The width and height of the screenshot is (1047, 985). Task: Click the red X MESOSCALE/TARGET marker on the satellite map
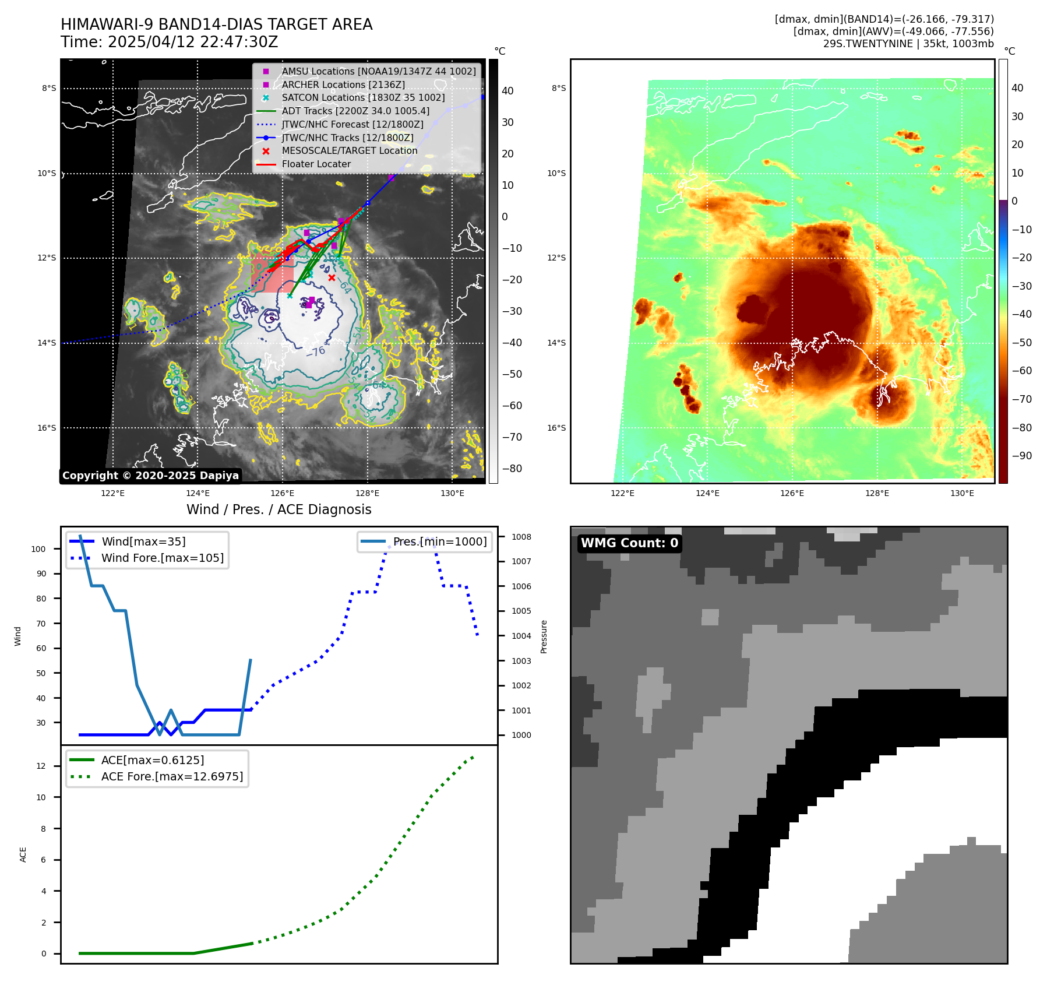click(x=332, y=277)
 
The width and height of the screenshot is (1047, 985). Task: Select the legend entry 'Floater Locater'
click(x=316, y=164)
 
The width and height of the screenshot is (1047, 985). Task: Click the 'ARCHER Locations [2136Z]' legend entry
click(x=343, y=85)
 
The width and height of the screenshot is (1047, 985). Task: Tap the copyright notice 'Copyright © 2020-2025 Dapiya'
click(x=150, y=476)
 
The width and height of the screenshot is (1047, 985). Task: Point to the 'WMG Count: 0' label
click(x=629, y=543)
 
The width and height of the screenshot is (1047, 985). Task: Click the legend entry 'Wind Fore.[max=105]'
click(x=162, y=558)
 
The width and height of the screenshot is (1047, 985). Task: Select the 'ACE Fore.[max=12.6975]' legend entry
click(x=172, y=776)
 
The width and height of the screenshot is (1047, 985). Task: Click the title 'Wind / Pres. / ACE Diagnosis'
click(x=279, y=509)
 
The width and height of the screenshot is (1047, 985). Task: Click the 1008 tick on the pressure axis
click(x=521, y=537)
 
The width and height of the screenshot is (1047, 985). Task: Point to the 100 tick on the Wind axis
click(x=38, y=549)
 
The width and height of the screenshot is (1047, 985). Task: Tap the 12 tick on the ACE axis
click(x=41, y=766)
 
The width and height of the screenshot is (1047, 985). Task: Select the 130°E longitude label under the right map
click(x=962, y=493)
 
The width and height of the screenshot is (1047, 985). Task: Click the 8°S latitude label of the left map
click(x=49, y=89)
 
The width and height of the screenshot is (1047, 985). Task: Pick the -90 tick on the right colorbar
click(x=1021, y=456)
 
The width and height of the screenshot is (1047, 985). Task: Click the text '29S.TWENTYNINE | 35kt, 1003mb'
click(x=908, y=44)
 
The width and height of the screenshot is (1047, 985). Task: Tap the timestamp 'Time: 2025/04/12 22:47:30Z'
click(x=170, y=42)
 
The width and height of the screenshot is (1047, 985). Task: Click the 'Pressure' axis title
click(x=544, y=636)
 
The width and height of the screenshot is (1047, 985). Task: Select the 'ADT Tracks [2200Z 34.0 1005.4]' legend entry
click(x=355, y=111)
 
